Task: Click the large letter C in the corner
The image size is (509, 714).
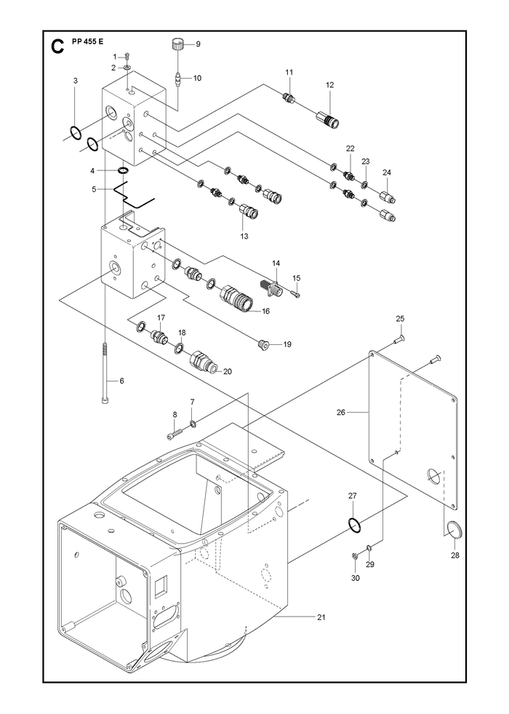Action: pyautogui.click(x=57, y=47)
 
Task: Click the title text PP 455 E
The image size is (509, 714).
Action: pyautogui.click(x=88, y=41)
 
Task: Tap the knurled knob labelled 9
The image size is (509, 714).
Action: pyautogui.click(x=178, y=45)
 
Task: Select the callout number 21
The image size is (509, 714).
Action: pyautogui.click(x=321, y=617)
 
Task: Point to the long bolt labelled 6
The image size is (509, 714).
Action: pyautogui.click(x=105, y=372)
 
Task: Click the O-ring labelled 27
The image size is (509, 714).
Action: pyautogui.click(x=356, y=524)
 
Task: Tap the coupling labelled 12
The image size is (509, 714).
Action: pyautogui.click(x=327, y=117)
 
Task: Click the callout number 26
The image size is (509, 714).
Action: pyautogui.click(x=341, y=413)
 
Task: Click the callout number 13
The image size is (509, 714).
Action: pyautogui.click(x=244, y=237)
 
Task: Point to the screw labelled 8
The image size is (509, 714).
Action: pyautogui.click(x=175, y=434)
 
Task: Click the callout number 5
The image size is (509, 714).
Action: pyautogui.click(x=94, y=189)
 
